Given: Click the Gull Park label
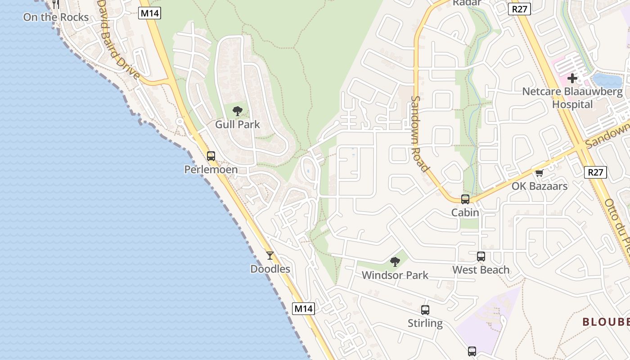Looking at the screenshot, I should coord(238,124).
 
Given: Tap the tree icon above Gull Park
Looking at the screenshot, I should coord(238,111).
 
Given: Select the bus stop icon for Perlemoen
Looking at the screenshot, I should coord(211,156).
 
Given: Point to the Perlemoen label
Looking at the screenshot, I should coord(211,170).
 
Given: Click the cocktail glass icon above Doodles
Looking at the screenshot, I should coord(270,256).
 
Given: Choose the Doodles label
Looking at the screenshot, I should coord(270,269).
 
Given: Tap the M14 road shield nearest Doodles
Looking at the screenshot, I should coord(303,309).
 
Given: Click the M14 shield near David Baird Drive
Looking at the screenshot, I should coord(150,13).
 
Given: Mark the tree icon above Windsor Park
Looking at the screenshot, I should coord(395,261).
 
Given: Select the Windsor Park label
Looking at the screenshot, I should coord(395,275).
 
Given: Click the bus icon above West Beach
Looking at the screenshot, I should coord(481,256).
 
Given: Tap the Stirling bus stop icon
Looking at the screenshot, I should coord(425,310).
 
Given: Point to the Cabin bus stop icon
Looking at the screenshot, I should coord(465,199).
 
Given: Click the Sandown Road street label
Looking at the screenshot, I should coord(419,134).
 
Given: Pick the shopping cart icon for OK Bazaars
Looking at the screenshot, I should coord(540,173).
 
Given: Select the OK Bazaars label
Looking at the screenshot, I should coord(540,186).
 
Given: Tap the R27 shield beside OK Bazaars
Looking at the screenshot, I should coord(595,172).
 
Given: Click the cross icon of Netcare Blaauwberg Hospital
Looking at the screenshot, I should coord(572,78).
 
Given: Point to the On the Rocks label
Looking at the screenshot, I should coord(56,17).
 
